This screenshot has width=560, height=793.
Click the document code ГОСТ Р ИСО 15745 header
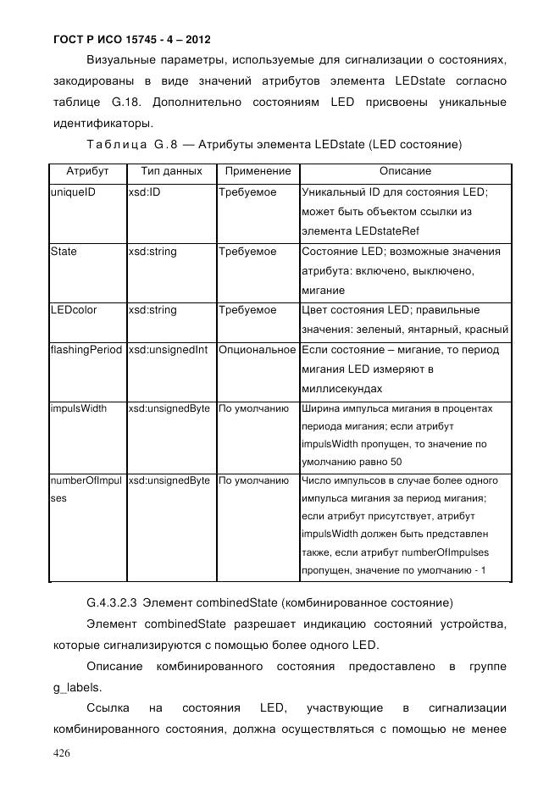pos(132,39)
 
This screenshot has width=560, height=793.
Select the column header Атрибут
pos(87,171)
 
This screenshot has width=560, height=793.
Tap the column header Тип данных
pos(171,171)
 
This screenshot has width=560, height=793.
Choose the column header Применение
pos(258,171)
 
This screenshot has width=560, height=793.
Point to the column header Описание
pos(405,171)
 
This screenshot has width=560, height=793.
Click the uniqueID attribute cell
pos(73,192)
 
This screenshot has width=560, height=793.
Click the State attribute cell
pos(64,252)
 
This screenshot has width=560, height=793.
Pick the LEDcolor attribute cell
pos(74,310)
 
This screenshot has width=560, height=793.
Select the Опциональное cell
pos(258,350)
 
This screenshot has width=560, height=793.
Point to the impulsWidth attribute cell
pos(79,408)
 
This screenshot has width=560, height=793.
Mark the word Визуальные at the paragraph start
pos(119,60)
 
